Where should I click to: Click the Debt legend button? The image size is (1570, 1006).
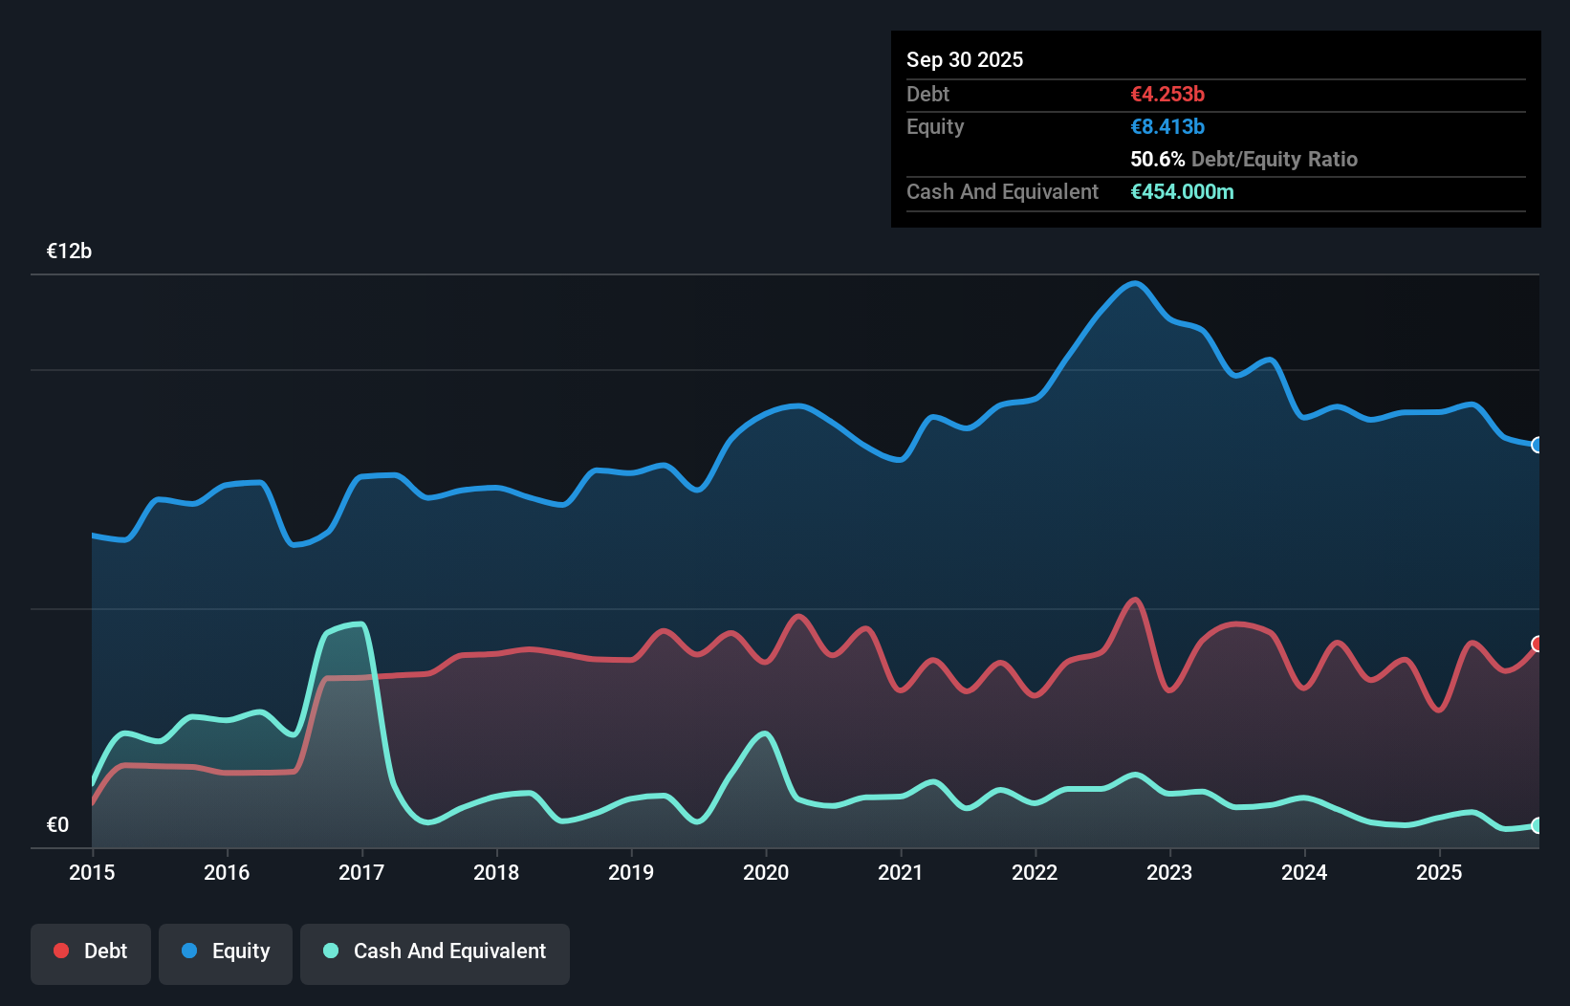click(90, 951)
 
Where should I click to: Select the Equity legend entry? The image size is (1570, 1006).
click(226, 951)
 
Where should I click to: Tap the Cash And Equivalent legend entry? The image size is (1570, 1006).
click(434, 951)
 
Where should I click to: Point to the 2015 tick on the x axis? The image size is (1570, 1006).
click(92, 872)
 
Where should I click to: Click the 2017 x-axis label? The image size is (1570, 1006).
click(361, 872)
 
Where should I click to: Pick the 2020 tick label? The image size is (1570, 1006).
click(766, 872)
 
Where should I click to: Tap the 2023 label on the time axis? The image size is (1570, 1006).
click(1169, 872)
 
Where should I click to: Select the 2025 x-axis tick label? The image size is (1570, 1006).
click(1439, 872)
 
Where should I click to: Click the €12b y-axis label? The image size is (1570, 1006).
click(69, 251)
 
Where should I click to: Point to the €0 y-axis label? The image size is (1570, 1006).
click(57, 825)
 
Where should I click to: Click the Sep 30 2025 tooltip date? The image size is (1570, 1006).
click(964, 60)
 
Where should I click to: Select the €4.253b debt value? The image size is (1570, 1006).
click(1167, 95)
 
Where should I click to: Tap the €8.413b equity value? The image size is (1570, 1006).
click(1167, 127)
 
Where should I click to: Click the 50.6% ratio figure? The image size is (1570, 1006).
click(1157, 160)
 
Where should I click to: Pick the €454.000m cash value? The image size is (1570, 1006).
click(1182, 192)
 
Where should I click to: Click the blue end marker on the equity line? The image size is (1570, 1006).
click(1537, 446)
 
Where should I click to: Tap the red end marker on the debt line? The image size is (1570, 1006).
click(1537, 645)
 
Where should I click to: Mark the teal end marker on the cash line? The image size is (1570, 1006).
click(1537, 825)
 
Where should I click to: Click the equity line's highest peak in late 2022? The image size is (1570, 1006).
click(1135, 284)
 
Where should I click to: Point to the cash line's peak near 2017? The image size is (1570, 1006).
click(360, 624)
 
